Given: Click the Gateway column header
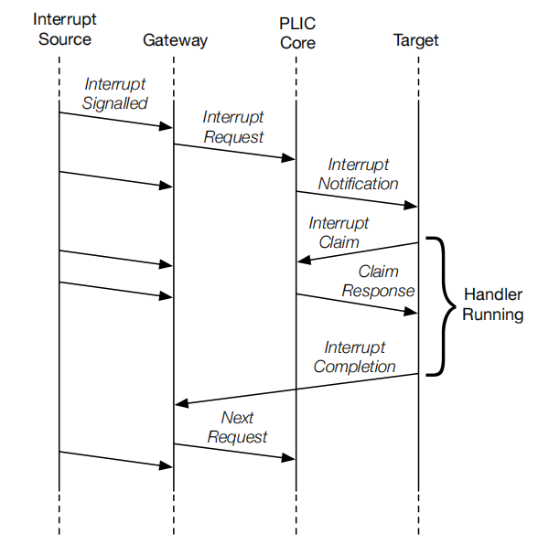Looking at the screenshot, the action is [x=175, y=41].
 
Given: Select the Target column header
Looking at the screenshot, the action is [x=415, y=41].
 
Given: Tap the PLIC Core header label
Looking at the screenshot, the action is [x=297, y=33].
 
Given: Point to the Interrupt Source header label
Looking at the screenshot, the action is [x=64, y=29].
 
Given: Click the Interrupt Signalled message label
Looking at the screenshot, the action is [x=114, y=94].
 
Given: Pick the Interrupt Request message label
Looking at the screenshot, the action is [x=233, y=127].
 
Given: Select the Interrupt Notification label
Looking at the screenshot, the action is [x=358, y=174].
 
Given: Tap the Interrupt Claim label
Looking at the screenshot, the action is [x=339, y=233].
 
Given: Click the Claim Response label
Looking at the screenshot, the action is [x=378, y=281].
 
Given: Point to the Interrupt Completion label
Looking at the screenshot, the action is [x=354, y=357].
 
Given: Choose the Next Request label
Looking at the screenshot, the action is [x=237, y=427].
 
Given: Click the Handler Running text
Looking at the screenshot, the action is [x=493, y=304].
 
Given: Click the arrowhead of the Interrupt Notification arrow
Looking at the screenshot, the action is [x=411, y=206].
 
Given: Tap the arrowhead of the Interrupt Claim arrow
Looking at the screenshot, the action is [x=304, y=261].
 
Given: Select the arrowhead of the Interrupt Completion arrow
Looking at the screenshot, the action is [x=182, y=403].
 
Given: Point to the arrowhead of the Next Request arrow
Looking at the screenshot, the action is [x=288, y=458].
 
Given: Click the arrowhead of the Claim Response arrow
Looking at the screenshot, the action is [x=411, y=312].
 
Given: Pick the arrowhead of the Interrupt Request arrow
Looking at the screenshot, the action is [x=288, y=158].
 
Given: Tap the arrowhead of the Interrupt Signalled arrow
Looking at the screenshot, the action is [x=166, y=126].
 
